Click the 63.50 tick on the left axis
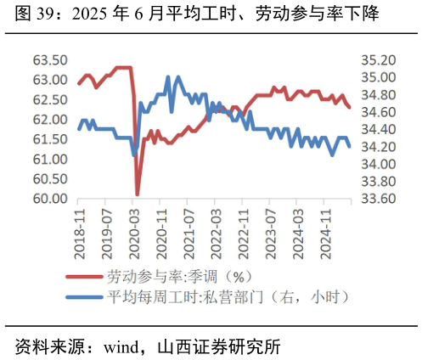point(50,60)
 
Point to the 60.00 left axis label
point(50,200)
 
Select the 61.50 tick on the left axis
point(50,140)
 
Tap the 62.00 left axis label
point(50,120)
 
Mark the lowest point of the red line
point(138,194)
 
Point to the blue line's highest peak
point(167,76)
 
